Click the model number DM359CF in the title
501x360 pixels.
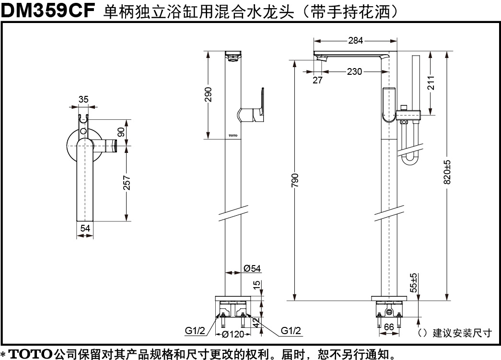[48, 10]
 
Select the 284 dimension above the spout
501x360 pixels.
[355, 41]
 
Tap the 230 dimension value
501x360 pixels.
[354, 71]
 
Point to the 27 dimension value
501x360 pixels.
[317, 80]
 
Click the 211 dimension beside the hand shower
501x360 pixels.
[431, 83]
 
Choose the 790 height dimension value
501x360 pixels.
[295, 180]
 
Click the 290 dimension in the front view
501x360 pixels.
[208, 94]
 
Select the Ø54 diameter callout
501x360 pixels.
[252, 268]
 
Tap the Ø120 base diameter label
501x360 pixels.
[233, 334]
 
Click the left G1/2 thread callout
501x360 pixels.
[195, 331]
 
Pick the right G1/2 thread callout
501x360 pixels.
[291, 331]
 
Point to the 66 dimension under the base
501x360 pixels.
[389, 327]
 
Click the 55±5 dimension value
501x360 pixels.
[414, 283]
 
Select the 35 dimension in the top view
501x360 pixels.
[83, 99]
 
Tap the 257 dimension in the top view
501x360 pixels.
[127, 183]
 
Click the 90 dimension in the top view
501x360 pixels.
[121, 132]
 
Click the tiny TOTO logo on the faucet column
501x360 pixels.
[233, 136]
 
